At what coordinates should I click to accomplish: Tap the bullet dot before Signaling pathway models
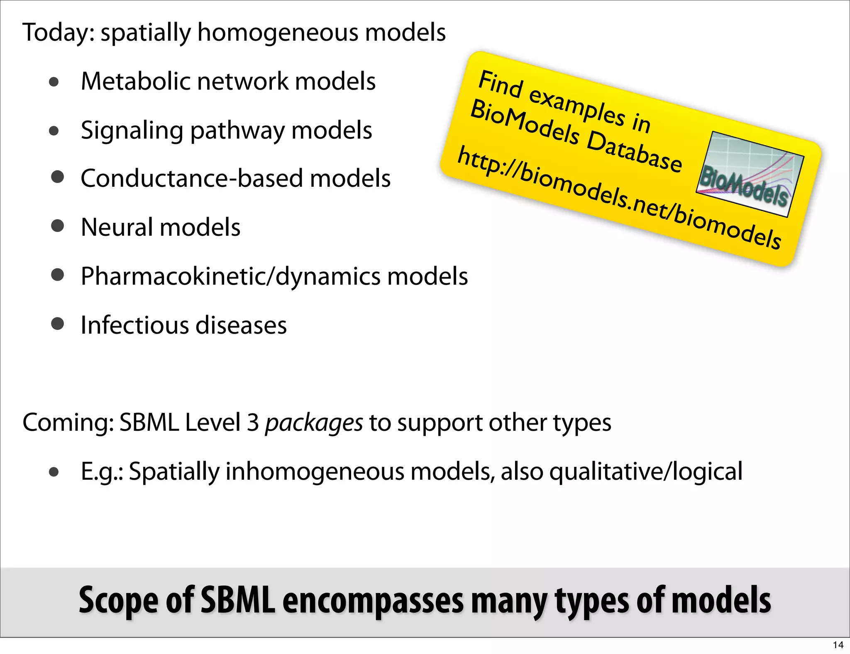[x=54, y=131]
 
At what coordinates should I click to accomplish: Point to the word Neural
[x=117, y=227]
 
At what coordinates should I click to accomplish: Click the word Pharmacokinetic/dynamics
[x=230, y=276]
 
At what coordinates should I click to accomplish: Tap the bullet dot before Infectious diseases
[x=57, y=324]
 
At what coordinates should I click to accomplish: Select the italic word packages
[x=314, y=423]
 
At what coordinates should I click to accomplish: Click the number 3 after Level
[x=253, y=422]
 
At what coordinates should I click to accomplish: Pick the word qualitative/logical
[x=646, y=472]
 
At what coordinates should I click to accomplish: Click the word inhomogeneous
[x=315, y=472]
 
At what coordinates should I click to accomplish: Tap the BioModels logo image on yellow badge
[x=750, y=175]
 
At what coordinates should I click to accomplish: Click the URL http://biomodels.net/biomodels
[x=618, y=198]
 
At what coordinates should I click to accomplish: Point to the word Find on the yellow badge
[x=500, y=84]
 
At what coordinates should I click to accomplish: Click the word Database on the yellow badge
[x=634, y=151]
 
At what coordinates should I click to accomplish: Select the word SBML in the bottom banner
[x=237, y=600]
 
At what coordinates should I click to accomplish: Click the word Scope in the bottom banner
[x=119, y=600]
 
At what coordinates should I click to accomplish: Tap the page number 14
[x=838, y=645]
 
